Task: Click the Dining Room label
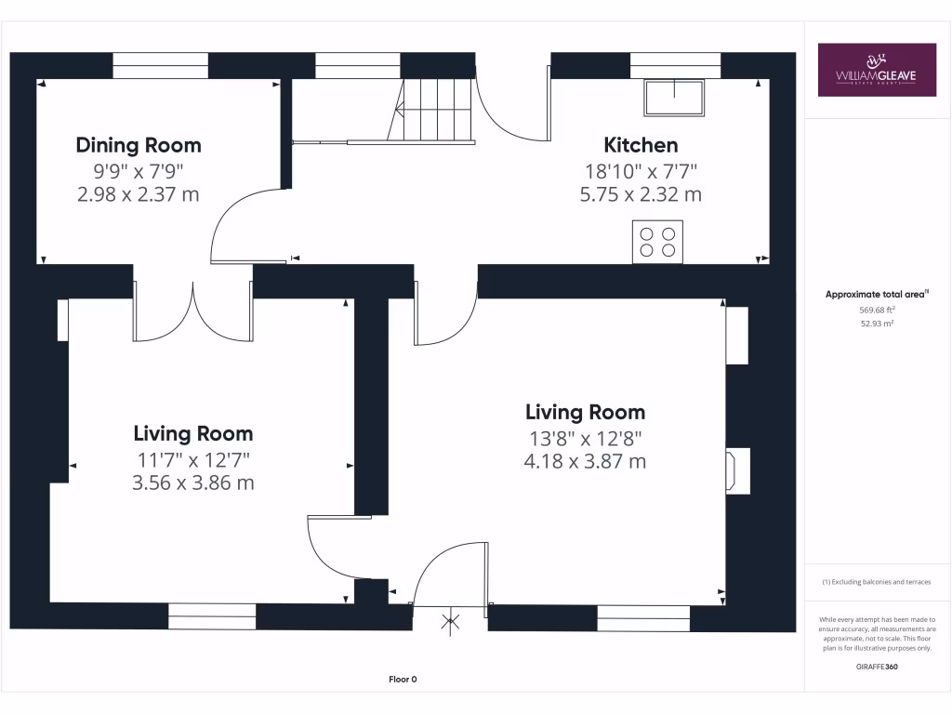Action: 138,145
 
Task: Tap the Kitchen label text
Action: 641,145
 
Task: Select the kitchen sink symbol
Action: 674,98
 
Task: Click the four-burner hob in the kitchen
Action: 657,242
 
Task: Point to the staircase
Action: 435,110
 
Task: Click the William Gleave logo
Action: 877,70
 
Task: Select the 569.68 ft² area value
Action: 877,311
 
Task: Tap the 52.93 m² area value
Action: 877,324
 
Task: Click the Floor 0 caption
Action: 403,680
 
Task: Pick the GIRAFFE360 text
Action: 877,667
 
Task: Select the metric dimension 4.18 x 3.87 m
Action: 585,461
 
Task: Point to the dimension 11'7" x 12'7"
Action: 192,458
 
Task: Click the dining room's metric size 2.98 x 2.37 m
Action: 138,194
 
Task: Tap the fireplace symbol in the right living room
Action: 737,469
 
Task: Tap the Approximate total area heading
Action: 877,295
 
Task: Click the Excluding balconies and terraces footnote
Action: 877,582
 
